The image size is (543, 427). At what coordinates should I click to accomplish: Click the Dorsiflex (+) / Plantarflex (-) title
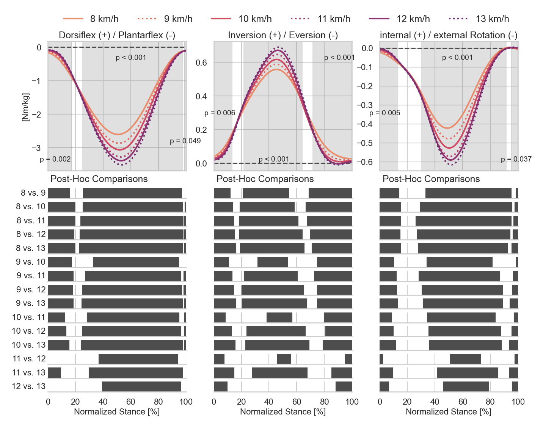click(x=117, y=35)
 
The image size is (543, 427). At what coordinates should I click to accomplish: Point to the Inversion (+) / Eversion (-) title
click(x=283, y=35)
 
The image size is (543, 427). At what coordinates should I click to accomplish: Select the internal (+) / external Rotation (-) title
click(x=449, y=35)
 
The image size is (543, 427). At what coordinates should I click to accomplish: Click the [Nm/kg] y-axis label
click(x=25, y=107)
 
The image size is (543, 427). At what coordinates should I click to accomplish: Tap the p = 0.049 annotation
click(x=185, y=141)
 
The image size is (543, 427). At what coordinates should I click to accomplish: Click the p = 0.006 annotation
click(x=220, y=113)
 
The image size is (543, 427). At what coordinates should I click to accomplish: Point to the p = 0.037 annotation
click(x=516, y=159)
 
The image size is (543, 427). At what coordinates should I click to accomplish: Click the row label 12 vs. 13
click(x=28, y=386)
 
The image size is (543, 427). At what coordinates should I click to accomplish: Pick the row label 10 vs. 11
click(x=28, y=317)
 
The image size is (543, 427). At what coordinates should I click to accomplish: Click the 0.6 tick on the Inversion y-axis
click(x=201, y=63)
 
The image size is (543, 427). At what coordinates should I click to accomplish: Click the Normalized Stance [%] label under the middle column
click(x=283, y=412)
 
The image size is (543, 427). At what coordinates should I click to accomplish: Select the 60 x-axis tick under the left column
click(x=130, y=402)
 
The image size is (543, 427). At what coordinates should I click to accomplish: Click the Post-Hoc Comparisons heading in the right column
click(x=431, y=179)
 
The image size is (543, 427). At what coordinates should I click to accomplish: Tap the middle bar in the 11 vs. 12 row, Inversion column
click(x=284, y=359)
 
